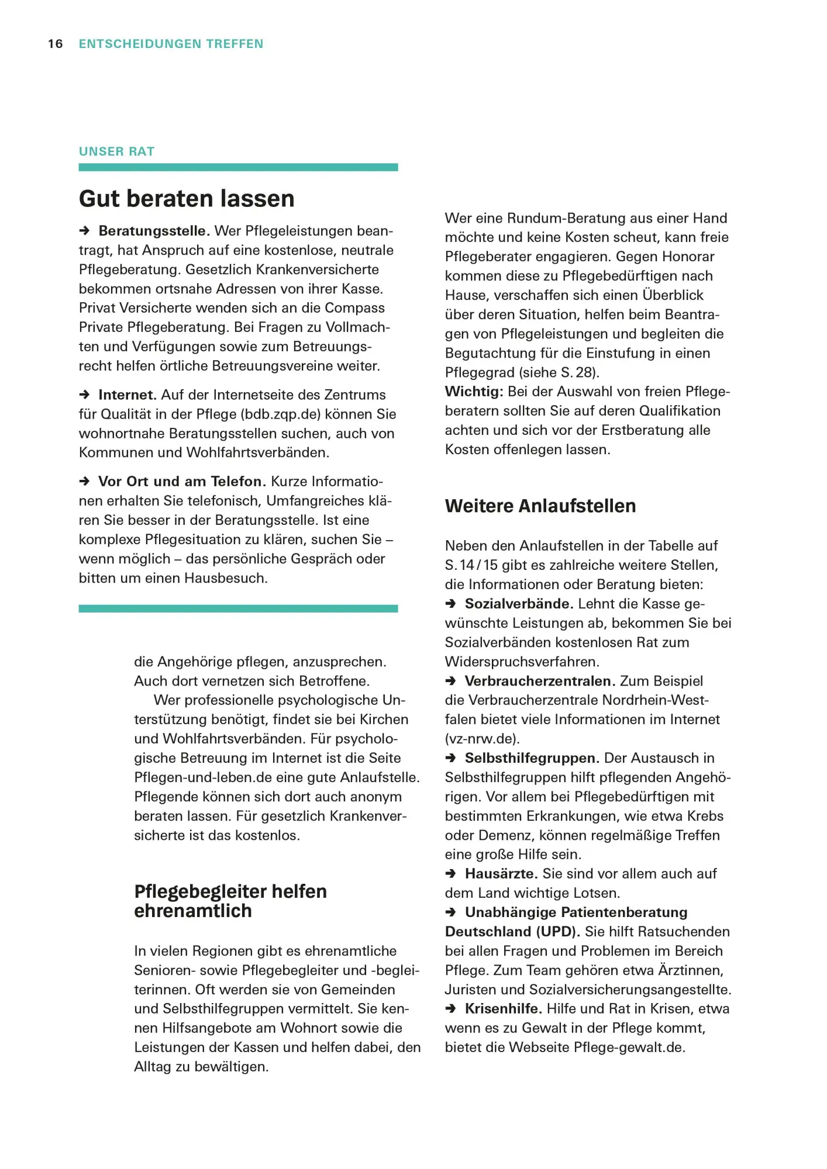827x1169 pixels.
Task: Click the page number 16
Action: tap(55, 44)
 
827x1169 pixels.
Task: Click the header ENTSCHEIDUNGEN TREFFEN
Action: tap(171, 44)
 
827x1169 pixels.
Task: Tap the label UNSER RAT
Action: tap(116, 151)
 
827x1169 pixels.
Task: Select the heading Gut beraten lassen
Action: tap(187, 199)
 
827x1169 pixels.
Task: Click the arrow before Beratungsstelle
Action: tap(85, 231)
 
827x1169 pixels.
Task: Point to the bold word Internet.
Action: tap(127, 395)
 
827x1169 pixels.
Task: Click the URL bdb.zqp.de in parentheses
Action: tap(280, 414)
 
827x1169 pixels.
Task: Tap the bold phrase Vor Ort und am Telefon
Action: tap(181, 482)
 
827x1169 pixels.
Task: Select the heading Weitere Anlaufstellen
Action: tap(540, 506)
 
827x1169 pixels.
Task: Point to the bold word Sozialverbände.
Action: tap(518, 604)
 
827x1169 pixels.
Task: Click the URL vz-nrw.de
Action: tap(482, 739)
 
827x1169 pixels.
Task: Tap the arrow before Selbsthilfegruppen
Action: tap(451, 758)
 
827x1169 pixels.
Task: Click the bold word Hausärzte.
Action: tap(501, 874)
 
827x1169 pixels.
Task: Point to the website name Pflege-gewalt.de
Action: tap(628, 1047)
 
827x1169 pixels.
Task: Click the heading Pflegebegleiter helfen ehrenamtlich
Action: tap(230, 901)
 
